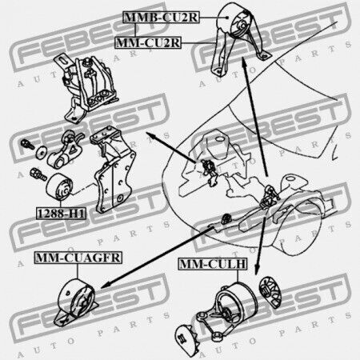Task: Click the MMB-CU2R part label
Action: [x=161, y=18]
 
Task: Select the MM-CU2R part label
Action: [x=148, y=42]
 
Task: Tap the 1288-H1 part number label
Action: [x=61, y=214]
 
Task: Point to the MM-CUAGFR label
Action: [x=78, y=258]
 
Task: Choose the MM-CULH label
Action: [x=213, y=264]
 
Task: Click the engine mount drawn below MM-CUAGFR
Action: [x=76, y=302]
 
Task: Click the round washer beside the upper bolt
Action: [x=41, y=153]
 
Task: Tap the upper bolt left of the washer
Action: [x=27, y=144]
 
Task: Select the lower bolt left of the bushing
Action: [x=38, y=174]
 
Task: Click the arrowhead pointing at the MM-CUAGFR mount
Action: [x=106, y=285]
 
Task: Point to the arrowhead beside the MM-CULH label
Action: [x=257, y=269]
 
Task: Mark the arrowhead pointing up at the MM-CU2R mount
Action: [x=244, y=62]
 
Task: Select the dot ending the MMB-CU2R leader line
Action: [x=227, y=18]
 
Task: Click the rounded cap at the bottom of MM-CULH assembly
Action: [x=186, y=338]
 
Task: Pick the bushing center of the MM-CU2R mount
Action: [x=242, y=26]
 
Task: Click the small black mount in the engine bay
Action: [x=226, y=218]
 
